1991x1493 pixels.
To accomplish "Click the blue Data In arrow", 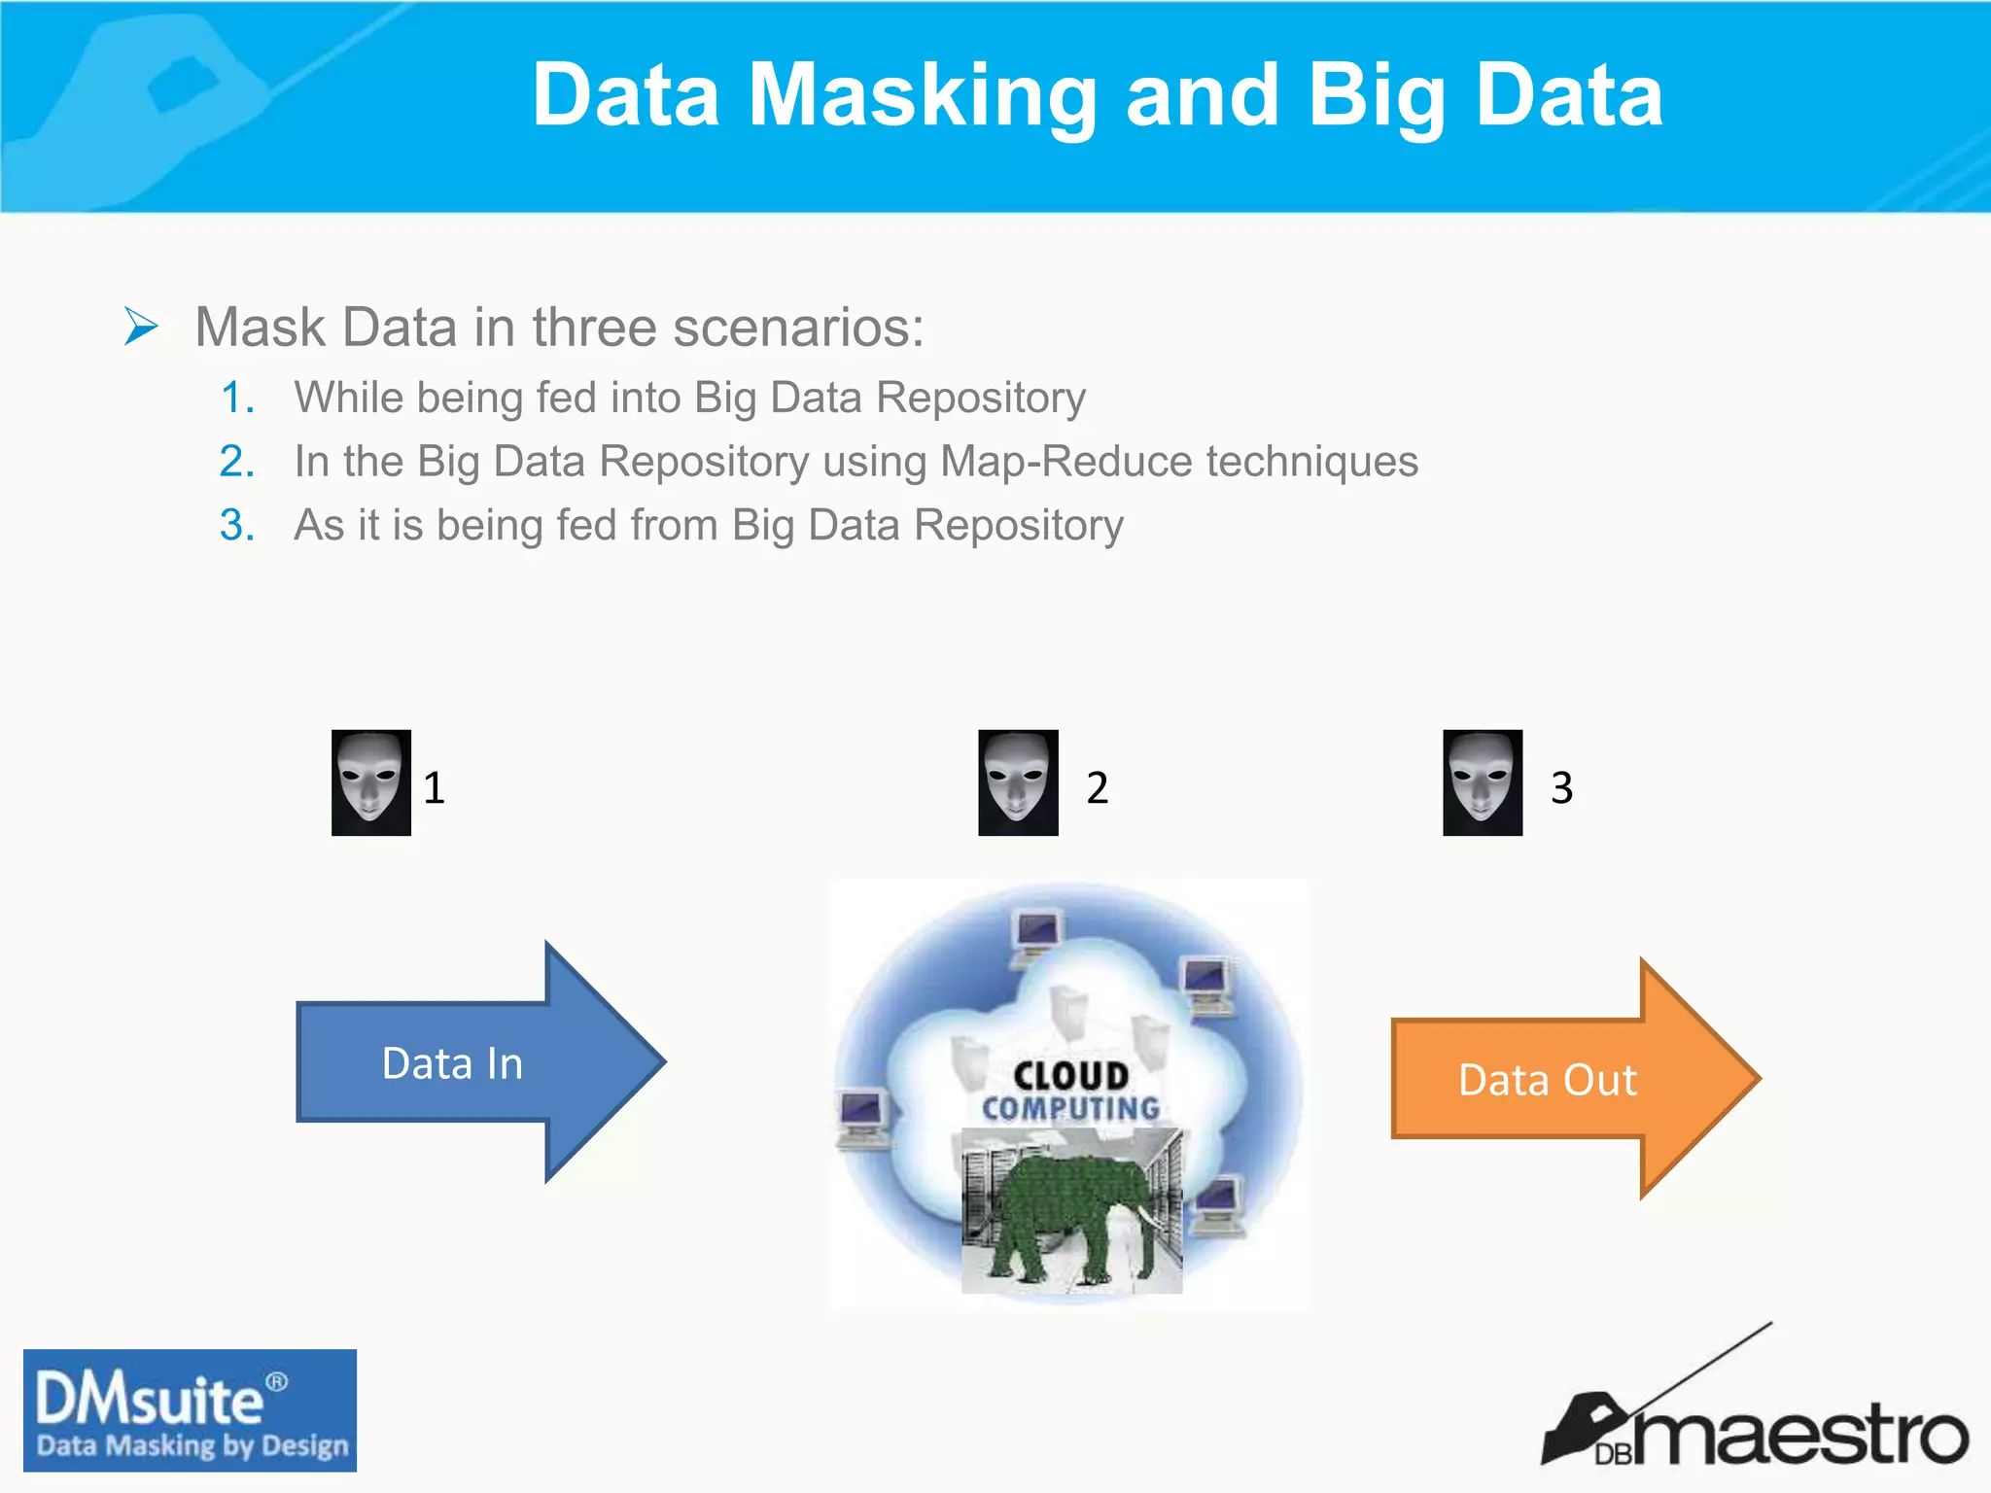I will coord(467,1062).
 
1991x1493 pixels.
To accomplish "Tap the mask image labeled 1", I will coord(370,782).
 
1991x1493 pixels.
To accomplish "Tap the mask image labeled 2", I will coord(1018,782).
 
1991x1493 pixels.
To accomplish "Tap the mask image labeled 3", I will coord(1482,782).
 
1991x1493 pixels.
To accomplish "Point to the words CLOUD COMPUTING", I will coord(1070,1092).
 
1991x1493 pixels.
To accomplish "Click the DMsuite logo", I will coord(190,1409).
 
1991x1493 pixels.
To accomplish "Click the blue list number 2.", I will coord(236,461).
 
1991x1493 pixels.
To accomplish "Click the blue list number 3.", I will coord(236,525).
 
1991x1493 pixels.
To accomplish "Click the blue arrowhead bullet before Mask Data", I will coord(141,326).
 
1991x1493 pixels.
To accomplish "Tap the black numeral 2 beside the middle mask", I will coord(1097,787).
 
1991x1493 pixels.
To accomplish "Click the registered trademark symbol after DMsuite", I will coord(277,1381).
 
